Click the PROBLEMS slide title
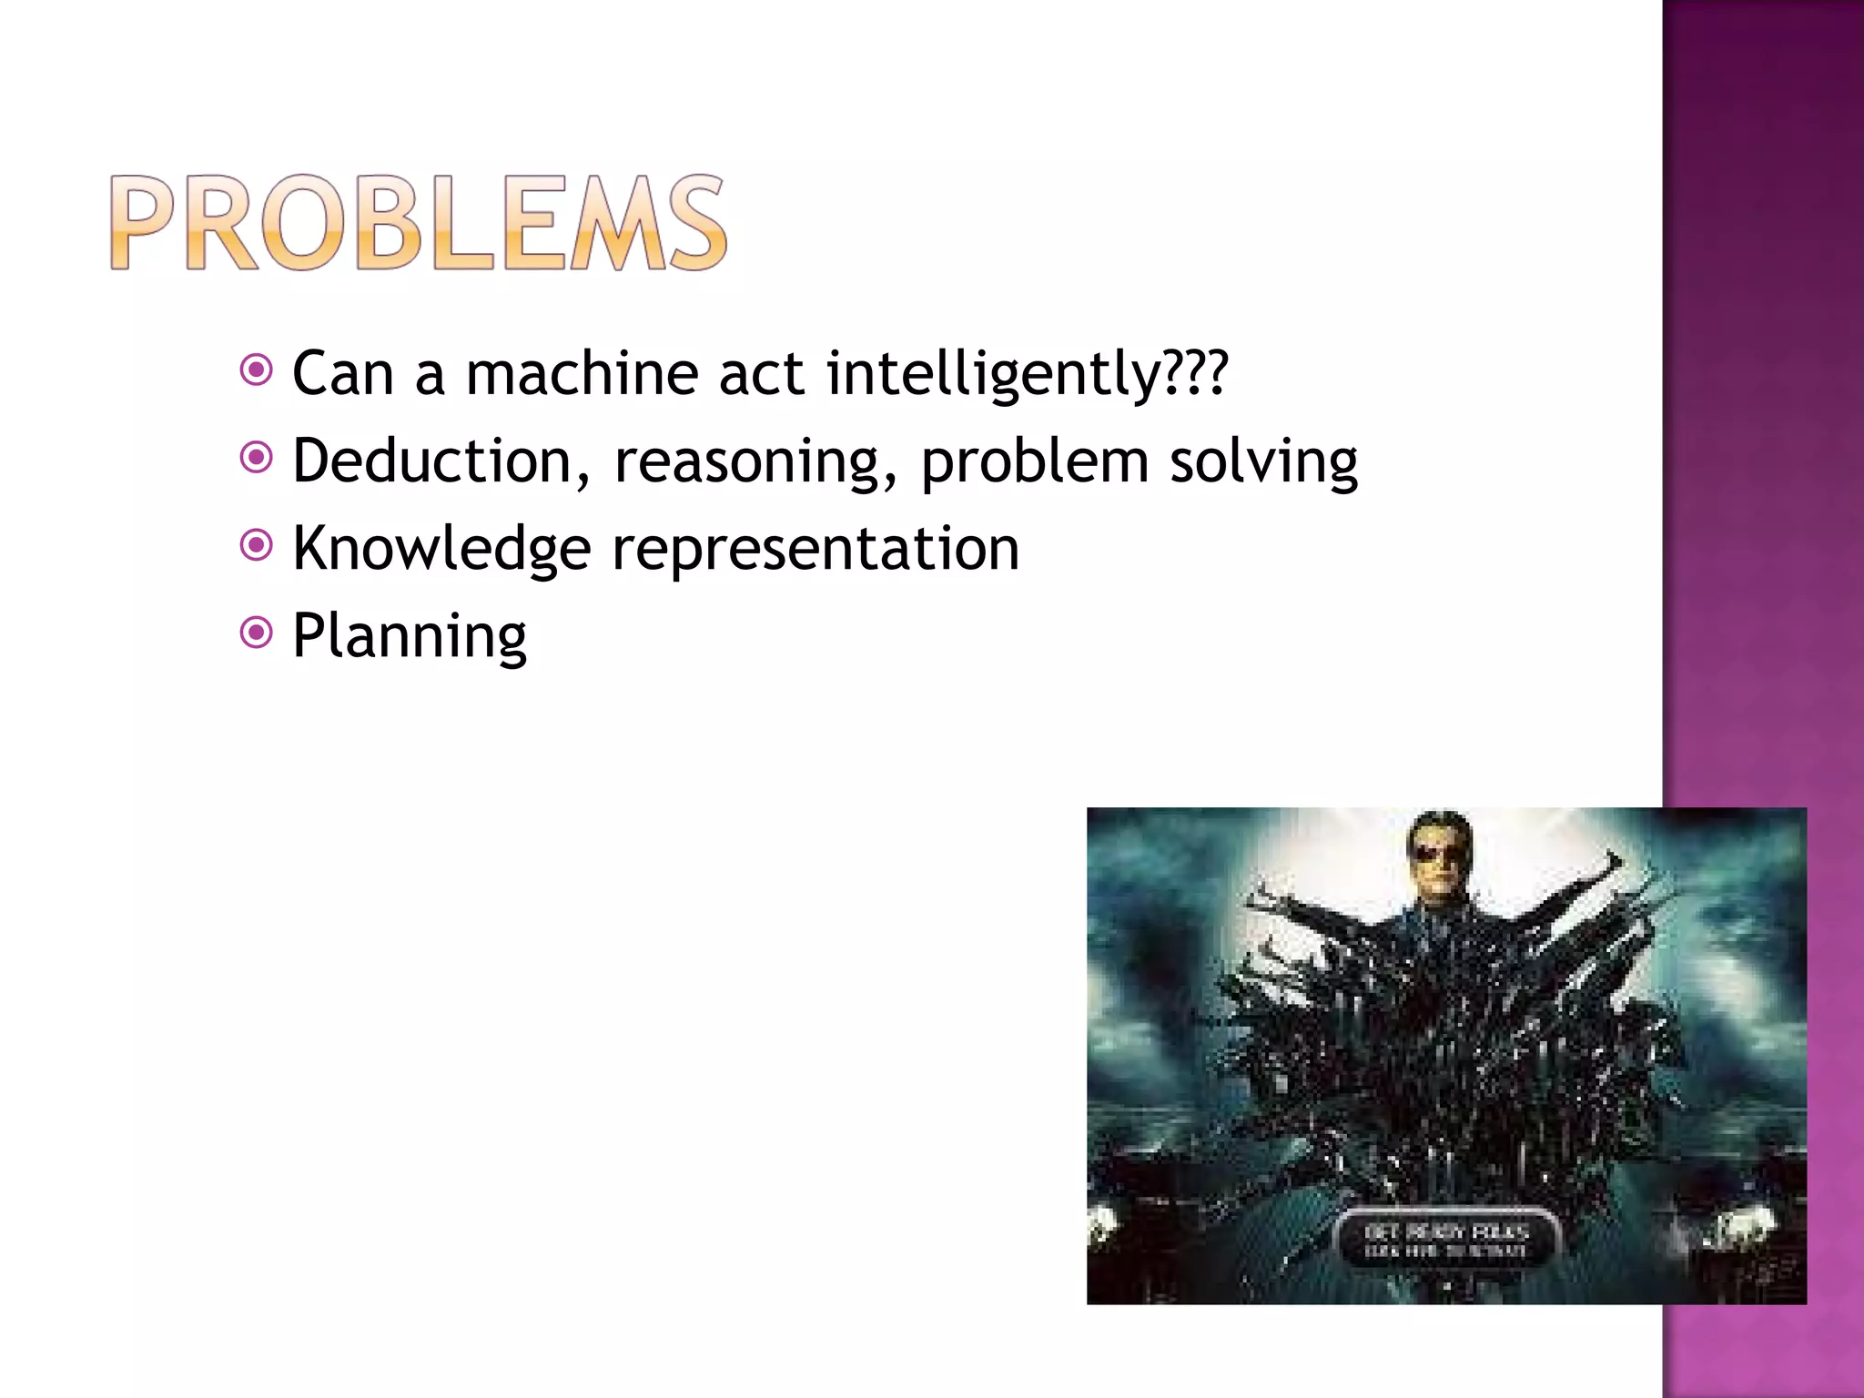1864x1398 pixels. pos(419,223)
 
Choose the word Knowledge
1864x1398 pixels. pos(441,549)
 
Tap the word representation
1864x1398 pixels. pos(815,549)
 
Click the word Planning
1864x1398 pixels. pos(410,636)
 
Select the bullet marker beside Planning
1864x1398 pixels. pos(257,632)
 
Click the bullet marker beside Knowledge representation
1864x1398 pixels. pos(257,544)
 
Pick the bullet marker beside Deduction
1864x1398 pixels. pos(257,457)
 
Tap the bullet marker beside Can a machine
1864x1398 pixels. pos(257,370)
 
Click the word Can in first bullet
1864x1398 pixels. pos(343,373)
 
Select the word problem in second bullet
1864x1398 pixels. pos(1035,462)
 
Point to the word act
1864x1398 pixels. pos(761,373)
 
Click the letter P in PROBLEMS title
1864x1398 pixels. pos(146,223)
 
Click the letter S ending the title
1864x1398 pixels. pos(696,223)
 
